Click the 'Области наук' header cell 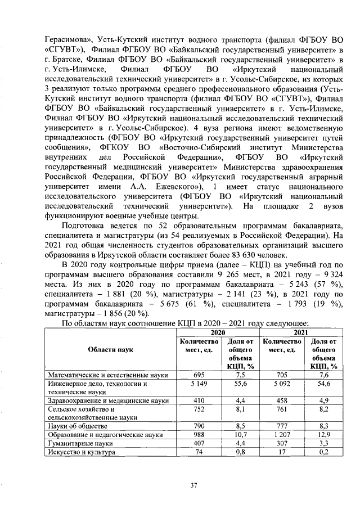110,349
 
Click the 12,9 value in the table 323,435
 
